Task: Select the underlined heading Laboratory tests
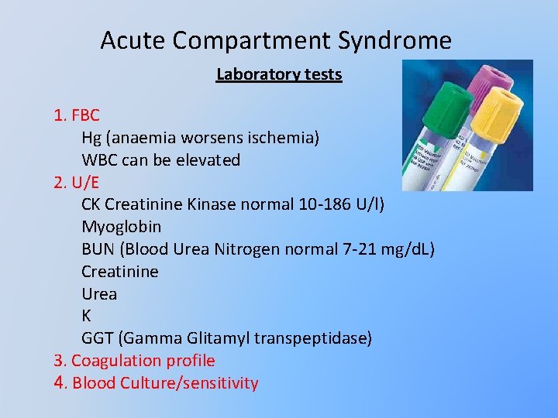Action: pos(279,74)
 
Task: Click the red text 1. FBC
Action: pos(77,116)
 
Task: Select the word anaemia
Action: pos(143,138)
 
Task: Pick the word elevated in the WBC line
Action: pos(208,160)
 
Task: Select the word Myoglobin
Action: pos(122,227)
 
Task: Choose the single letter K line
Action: pos(86,316)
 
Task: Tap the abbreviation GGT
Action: pos(98,338)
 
